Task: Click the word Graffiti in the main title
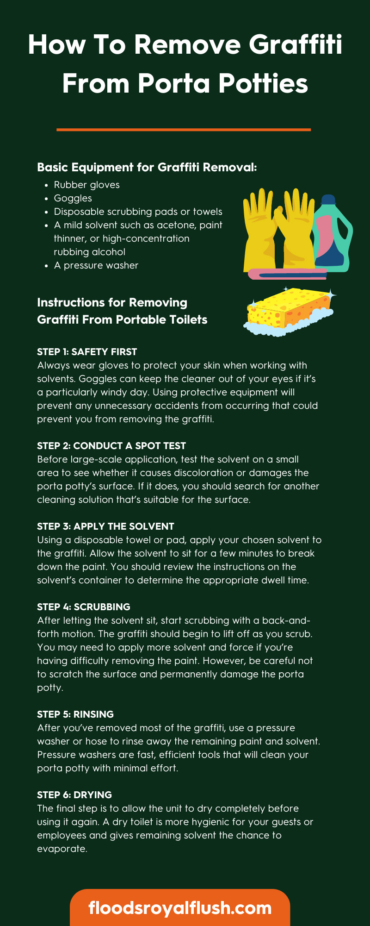296,45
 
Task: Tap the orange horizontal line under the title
184,130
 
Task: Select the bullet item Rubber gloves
86,185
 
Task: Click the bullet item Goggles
73,198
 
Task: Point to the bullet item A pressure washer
96,265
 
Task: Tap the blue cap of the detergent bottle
328,200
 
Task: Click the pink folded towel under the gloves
287,274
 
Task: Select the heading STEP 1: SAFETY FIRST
87,352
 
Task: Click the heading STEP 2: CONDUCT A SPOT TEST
111,446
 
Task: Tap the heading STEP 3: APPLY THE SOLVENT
105,526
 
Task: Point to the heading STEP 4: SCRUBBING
84,607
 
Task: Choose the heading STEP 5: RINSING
75,714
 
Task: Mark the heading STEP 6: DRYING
74,795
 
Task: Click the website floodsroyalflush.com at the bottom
180,907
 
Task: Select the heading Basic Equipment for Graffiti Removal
147,167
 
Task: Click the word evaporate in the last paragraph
62,849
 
